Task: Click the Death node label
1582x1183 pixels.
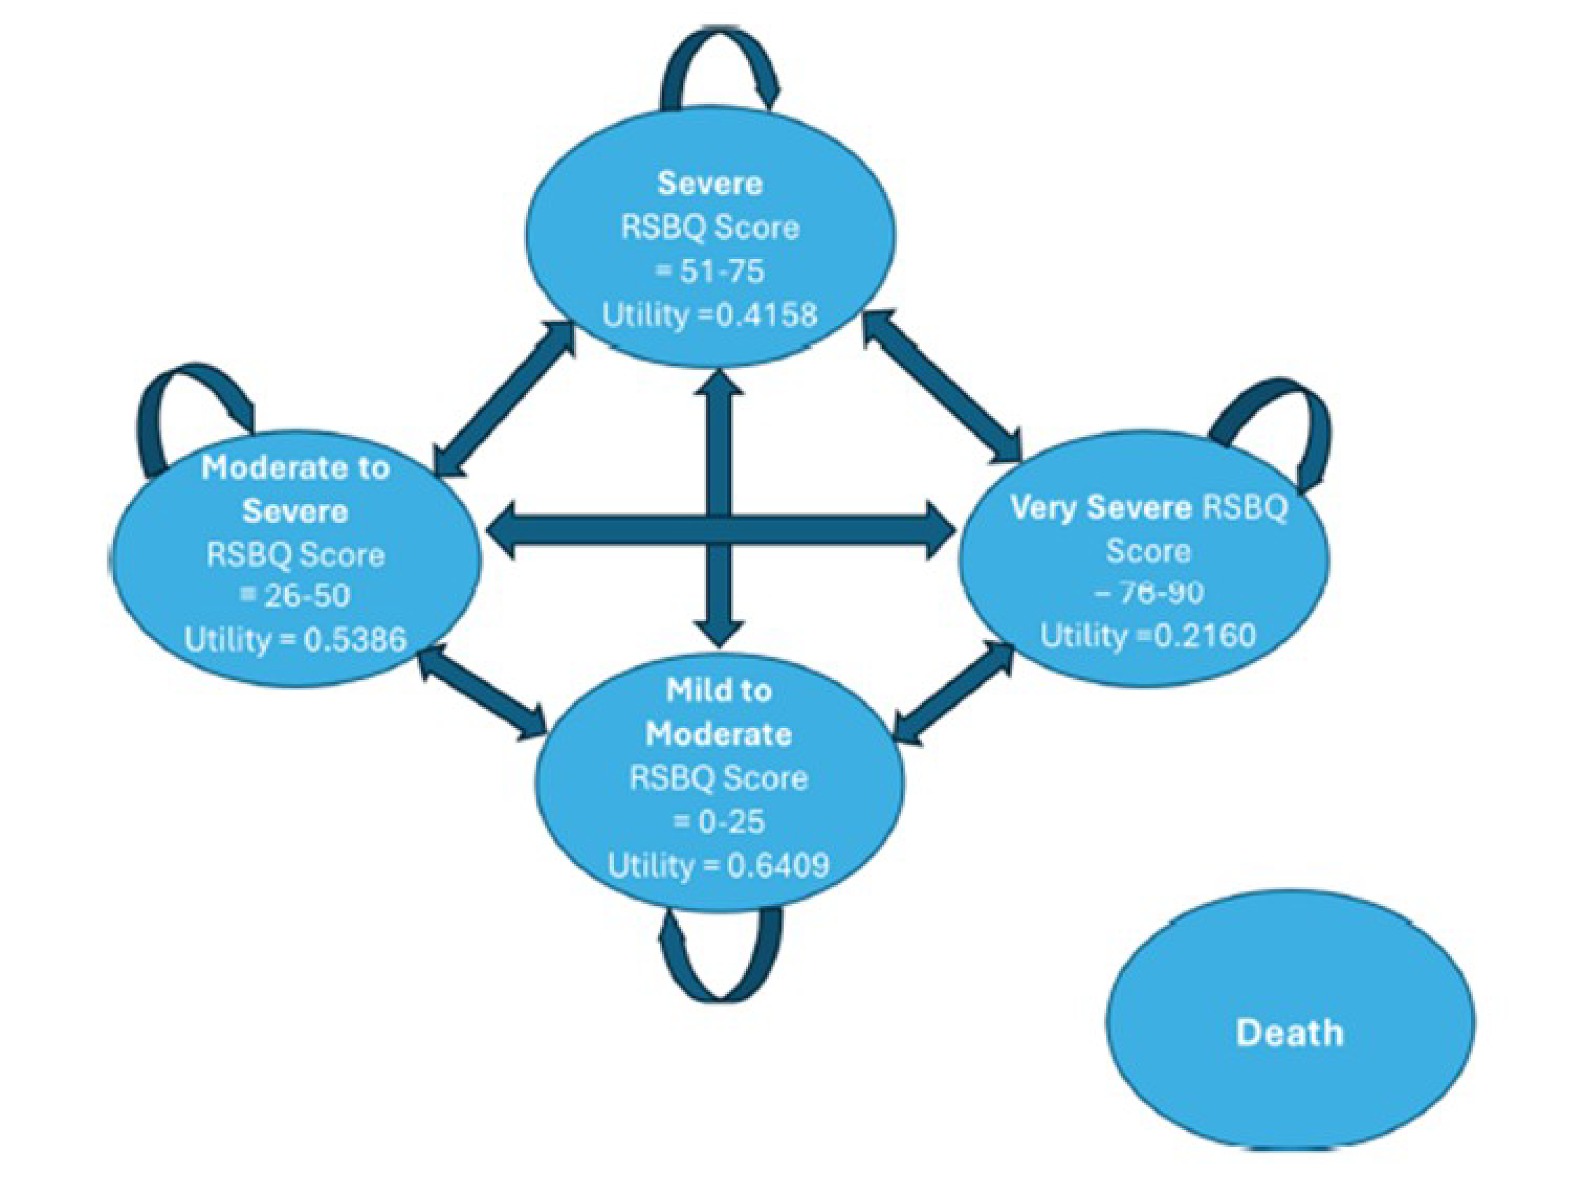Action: pos(1289,1033)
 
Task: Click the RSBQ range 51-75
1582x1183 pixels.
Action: pos(722,271)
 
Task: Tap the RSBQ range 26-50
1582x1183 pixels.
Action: pos(307,595)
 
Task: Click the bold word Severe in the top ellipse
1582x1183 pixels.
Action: pos(709,184)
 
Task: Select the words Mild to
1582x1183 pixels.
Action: pos(718,690)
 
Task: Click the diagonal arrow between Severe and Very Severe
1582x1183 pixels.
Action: pos(943,386)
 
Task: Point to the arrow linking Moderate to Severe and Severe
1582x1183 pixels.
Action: pos(504,400)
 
